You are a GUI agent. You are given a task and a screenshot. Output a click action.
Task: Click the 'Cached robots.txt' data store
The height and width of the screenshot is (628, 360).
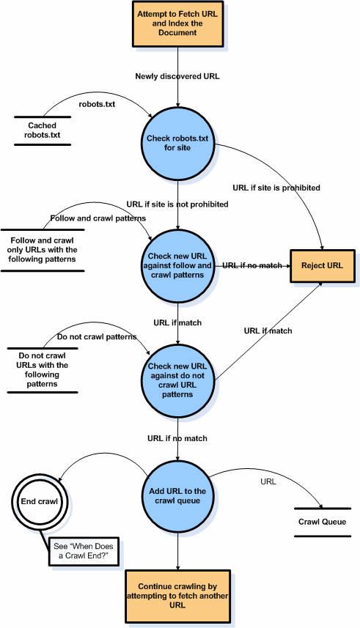click(x=43, y=130)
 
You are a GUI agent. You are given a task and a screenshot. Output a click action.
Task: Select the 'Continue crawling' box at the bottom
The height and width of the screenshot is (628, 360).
click(x=177, y=595)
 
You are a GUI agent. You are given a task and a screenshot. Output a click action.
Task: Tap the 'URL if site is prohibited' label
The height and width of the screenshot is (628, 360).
click(x=276, y=188)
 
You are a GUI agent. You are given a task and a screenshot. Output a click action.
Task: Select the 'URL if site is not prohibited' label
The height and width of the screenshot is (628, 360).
click(x=177, y=204)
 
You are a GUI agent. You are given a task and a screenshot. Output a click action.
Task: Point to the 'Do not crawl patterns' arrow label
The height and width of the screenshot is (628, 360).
click(x=97, y=337)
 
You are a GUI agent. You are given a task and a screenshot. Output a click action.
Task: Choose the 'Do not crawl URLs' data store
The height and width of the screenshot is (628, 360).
click(x=42, y=370)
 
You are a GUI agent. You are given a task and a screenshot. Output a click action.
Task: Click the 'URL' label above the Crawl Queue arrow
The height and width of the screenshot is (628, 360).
click(x=268, y=481)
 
